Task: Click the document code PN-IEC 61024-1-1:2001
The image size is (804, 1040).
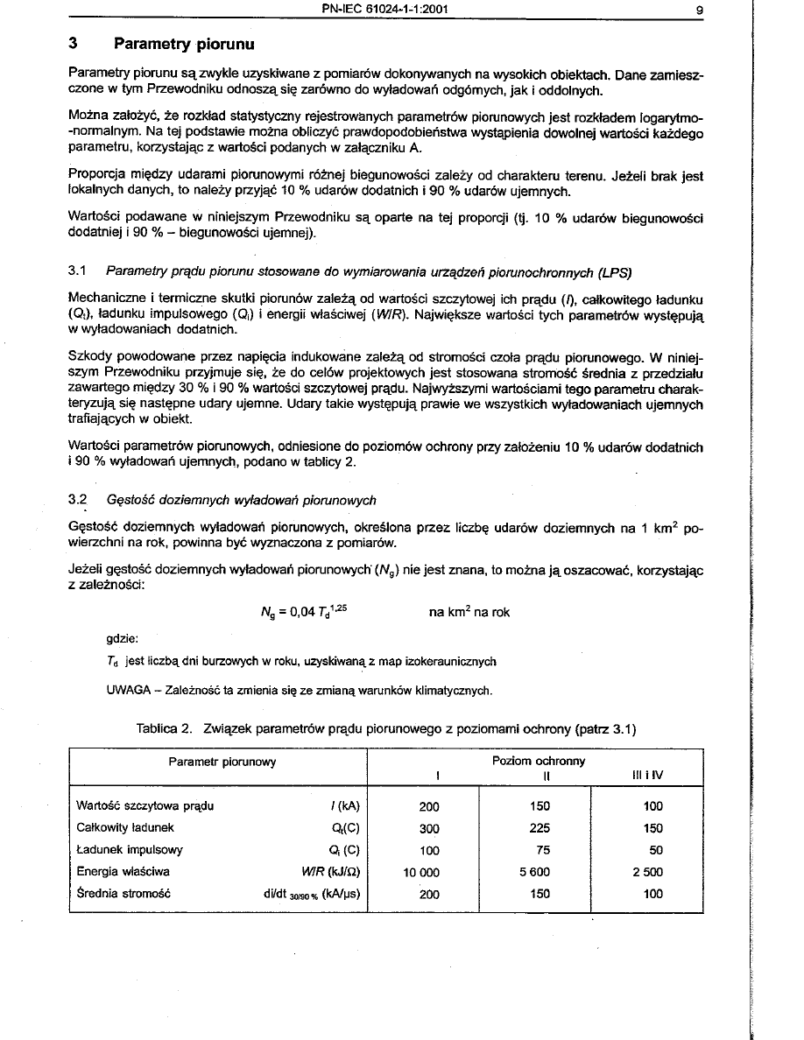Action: click(385, 11)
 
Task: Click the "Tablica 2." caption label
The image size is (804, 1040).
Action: click(165, 728)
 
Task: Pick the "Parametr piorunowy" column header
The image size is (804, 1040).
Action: click(222, 762)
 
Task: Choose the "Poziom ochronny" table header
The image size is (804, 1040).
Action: click(539, 762)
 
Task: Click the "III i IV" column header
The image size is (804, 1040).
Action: click(649, 776)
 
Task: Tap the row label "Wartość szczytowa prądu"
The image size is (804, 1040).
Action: click(145, 805)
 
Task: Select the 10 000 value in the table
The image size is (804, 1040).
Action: click(421, 872)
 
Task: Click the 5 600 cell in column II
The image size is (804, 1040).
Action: click(540, 872)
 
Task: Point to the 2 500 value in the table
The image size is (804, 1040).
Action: click(648, 872)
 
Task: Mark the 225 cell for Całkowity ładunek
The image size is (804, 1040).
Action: click(540, 827)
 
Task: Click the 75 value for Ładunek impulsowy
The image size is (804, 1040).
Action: click(540, 849)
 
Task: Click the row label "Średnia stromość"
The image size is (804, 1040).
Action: click(123, 894)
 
